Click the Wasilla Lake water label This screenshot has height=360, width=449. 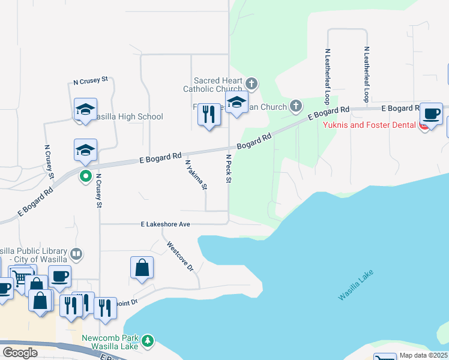click(356, 286)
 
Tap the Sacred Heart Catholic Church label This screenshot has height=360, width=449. click(218, 85)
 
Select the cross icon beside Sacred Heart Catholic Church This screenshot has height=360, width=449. click(252, 83)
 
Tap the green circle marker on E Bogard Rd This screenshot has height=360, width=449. click(85, 176)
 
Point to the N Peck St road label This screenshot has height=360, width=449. click(229, 169)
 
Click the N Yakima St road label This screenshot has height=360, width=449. click(196, 175)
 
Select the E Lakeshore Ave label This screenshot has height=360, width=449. click(165, 224)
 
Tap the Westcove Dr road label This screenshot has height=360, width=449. click(180, 257)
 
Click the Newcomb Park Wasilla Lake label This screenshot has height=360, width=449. click(110, 342)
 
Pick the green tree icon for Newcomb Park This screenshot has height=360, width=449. click(147, 341)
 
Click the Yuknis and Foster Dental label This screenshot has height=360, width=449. click(370, 125)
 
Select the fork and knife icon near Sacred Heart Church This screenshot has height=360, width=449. click(208, 115)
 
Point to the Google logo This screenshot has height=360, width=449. click(20, 353)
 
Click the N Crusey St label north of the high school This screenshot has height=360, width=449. click(90, 80)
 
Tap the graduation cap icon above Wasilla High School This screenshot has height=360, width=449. click(85, 110)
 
